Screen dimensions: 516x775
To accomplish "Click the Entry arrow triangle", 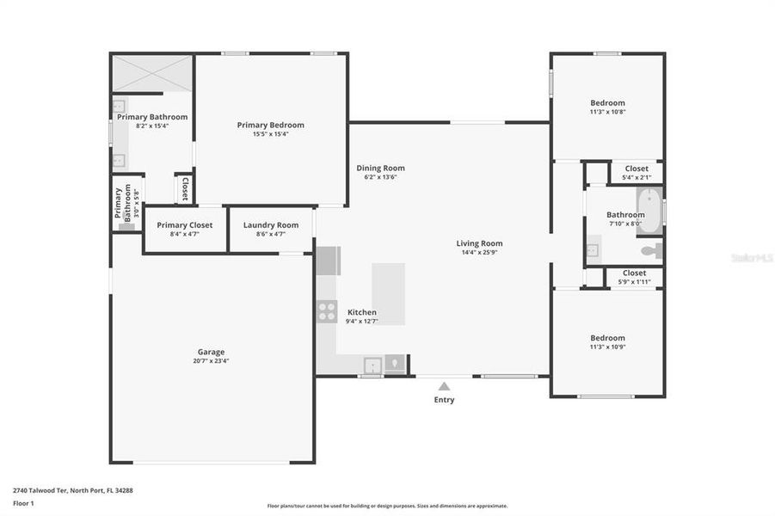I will [x=444, y=386].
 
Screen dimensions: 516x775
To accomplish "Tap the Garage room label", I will [x=211, y=352].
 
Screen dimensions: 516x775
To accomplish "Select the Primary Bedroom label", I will [x=270, y=125].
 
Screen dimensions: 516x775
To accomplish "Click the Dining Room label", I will [x=380, y=169].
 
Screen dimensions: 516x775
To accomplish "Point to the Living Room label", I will [x=479, y=243].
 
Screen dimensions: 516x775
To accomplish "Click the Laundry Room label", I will [x=271, y=225].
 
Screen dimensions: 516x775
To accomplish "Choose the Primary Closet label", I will [x=184, y=225].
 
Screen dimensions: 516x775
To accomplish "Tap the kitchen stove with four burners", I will [x=327, y=310].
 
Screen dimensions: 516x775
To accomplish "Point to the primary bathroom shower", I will [x=152, y=73].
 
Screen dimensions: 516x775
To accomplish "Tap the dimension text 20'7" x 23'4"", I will [x=211, y=361].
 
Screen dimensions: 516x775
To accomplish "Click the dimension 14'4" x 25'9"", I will [x=479, y=253].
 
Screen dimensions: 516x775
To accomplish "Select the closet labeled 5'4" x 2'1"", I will [x=637, y=173].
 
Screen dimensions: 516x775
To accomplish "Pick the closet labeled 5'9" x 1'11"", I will [x=634, y=277].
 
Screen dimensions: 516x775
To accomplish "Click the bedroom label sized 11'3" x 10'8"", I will [x=607, y=103].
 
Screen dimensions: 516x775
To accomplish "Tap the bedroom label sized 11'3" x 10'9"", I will [x=607, y=338].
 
